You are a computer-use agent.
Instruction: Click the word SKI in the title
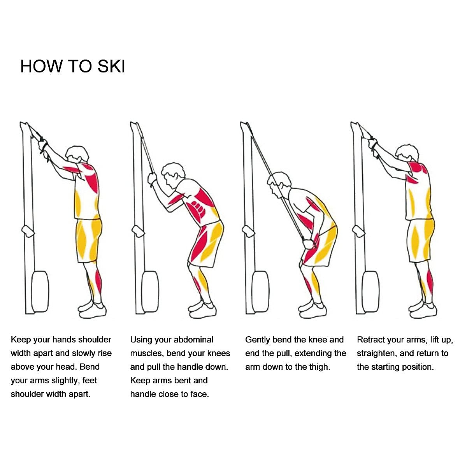(111, 66)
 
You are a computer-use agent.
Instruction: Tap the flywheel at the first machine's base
(40, 292)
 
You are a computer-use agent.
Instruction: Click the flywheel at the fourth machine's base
(370, 292)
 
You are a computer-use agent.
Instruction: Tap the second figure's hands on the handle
(152, 179)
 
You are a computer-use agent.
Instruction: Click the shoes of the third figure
(313, 310)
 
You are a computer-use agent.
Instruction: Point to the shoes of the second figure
(202, 310)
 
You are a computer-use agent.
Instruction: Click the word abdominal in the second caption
(194, 340)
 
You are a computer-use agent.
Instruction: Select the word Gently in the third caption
(258, 340)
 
